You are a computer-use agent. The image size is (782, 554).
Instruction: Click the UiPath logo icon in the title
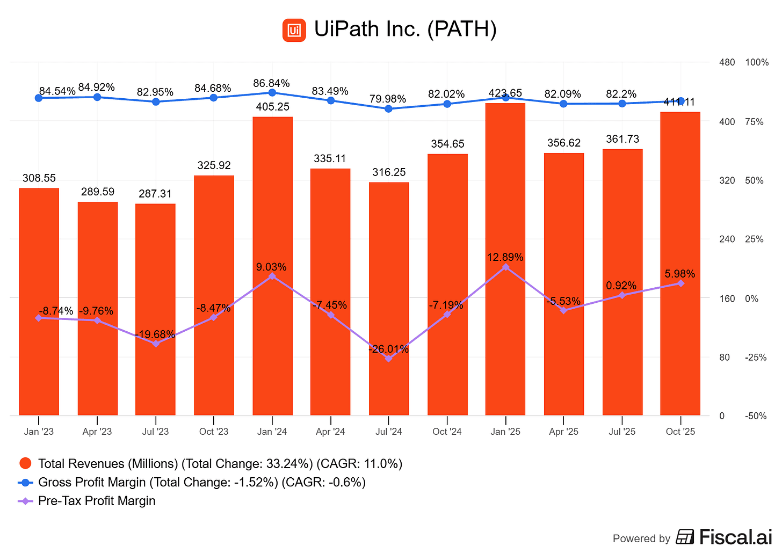pos(294,30)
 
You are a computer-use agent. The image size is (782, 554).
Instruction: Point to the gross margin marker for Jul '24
pos(389,108)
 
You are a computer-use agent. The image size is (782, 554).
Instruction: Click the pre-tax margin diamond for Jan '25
pos(505,267)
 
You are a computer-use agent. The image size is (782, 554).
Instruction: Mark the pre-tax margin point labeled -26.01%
pos(389,359)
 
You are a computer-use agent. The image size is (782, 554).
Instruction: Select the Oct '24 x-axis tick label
pos(447,432)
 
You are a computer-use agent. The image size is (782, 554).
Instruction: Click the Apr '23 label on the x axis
pos(97,432)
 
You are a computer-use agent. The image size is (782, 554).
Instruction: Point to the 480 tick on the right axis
pos(727,63)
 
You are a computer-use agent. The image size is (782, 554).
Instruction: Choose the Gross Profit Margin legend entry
pos(201,482)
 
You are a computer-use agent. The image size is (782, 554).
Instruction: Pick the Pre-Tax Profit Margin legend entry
pos(97,501)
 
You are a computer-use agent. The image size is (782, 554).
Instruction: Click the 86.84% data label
pos(271,83)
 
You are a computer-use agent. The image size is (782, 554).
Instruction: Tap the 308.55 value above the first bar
pos(39,178)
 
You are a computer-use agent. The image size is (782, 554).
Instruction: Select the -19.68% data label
pos(155,334)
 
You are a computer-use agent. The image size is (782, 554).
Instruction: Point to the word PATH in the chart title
pos(461,29)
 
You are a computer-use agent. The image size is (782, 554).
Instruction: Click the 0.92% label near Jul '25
pos(621,286)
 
